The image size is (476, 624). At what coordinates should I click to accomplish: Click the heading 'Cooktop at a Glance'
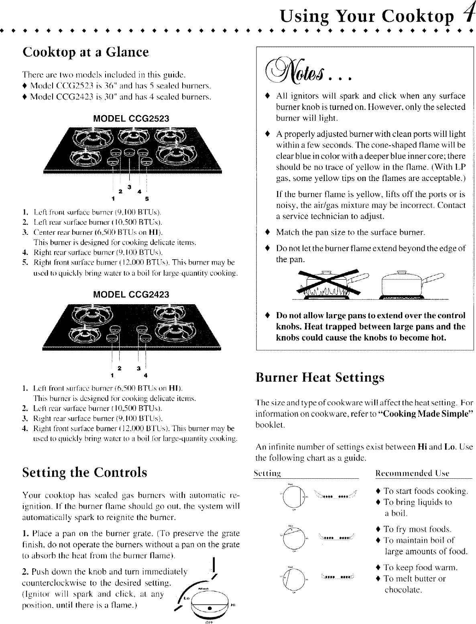coord(86,52)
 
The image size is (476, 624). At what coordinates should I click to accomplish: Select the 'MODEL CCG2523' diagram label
coord(131,118)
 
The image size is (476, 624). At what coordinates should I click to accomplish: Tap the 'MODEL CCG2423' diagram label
coord(131,294)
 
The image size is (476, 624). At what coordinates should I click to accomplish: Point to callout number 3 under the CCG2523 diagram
coord(129,187)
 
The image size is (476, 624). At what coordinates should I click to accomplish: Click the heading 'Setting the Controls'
coord(85,472)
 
